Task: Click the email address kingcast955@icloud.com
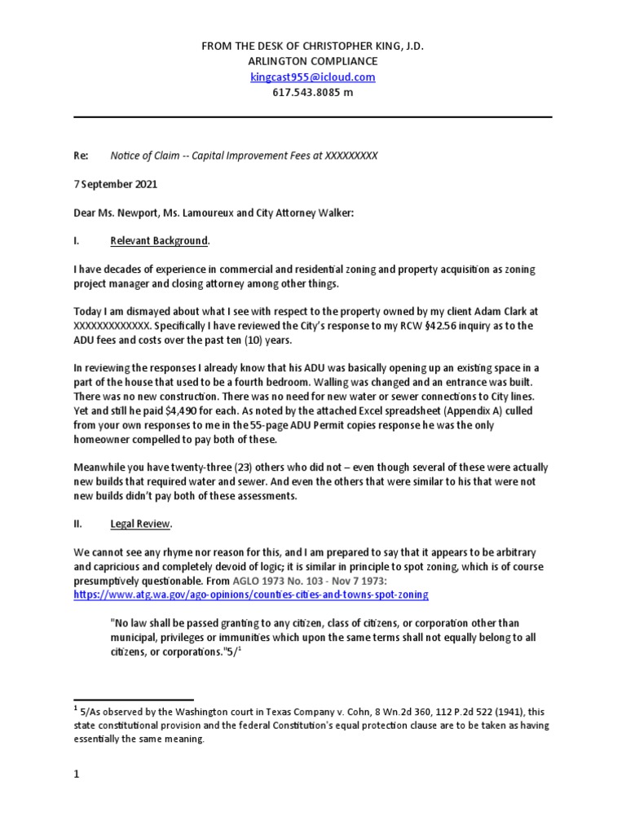[x=313, y=77]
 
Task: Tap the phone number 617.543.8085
[x=306, y=92]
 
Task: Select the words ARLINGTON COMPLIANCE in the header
[x=313, y=62]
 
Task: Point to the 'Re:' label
[x=82, y=155]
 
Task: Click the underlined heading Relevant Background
[x=160, y=241]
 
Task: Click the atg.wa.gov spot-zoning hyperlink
[x=250, y=595]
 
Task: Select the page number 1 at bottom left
[x=77, y=775]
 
